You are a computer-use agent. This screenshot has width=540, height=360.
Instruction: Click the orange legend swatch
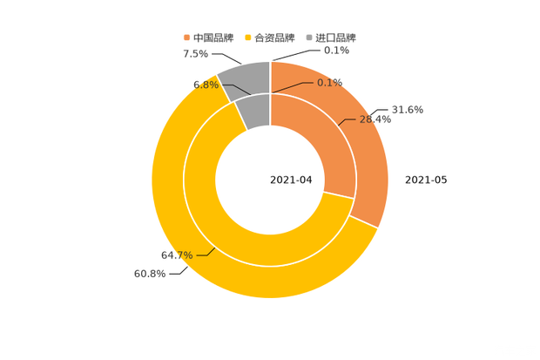(x=186, y=37)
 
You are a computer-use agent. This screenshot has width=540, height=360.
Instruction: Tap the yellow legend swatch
(x=248, y=37)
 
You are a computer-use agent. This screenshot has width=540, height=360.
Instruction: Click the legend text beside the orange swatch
(x=214, y=37)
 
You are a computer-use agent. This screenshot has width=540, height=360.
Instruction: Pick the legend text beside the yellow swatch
(x=276, y=37)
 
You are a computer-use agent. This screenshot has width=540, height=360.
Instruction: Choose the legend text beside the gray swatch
(x=337, y=37)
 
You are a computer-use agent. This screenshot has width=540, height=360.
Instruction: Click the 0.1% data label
(x=330, y=83)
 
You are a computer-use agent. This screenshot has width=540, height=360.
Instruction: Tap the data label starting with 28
(x=375, y=119)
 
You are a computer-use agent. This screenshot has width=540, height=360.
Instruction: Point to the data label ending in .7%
(x=175, y=255)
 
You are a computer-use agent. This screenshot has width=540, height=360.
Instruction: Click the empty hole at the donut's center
(x=270, y=180)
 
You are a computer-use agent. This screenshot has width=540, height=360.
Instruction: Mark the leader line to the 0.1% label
(x=292, y=86)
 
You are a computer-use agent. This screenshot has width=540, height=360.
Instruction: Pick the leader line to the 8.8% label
(x=233, y=88)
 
